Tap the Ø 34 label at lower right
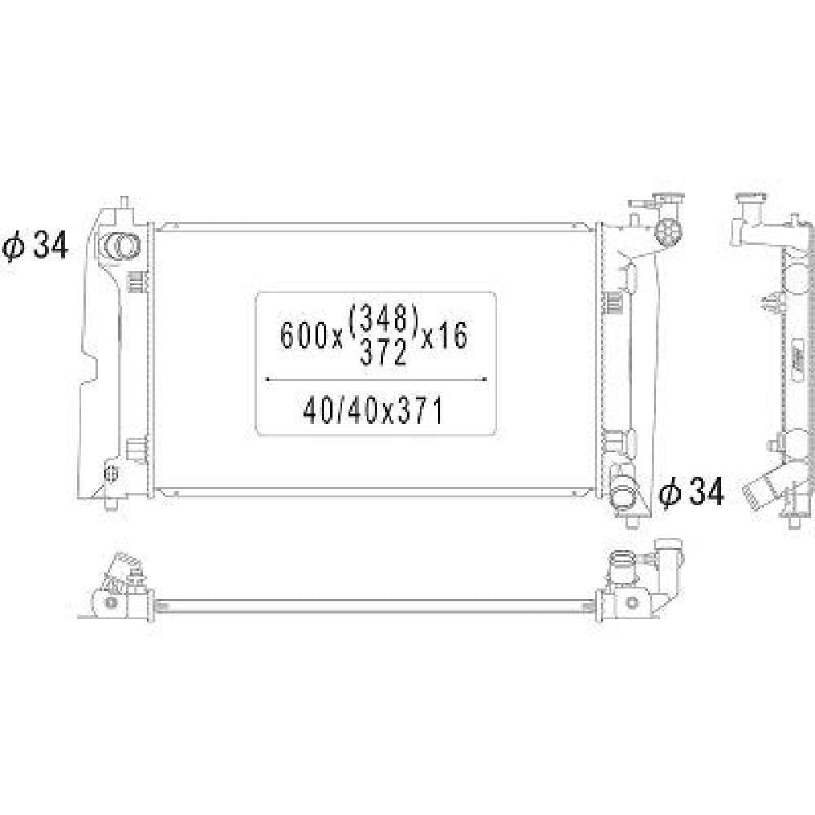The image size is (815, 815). tap(691, 491)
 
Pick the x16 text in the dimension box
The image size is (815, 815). tap(445, 336)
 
